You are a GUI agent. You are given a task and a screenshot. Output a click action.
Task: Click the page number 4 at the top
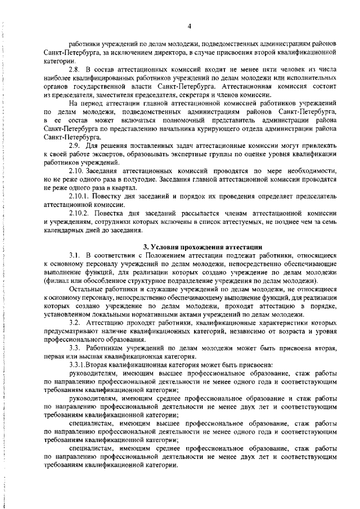pyautogui.click(x=190, y=26)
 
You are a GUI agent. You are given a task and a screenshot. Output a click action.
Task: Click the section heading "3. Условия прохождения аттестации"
pyautogui.click(x=202, y=247)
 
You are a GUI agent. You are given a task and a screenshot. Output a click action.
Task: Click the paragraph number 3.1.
pyautogui.click(x=75, y=256)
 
